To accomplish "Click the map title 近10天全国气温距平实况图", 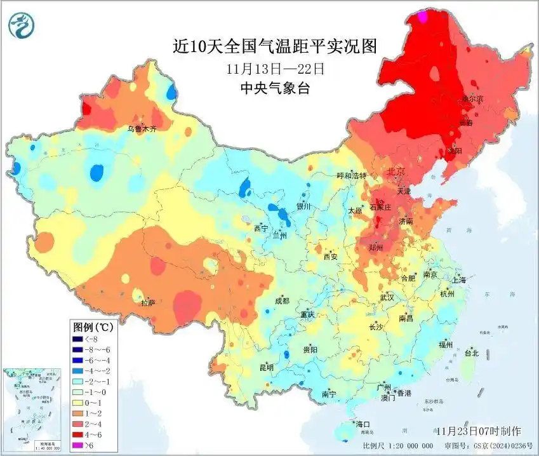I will [x=275, y=46].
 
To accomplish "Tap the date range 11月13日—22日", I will [x=275, y=68].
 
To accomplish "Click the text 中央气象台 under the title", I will [x=275, y=88].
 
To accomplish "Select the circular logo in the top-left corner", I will [x=22, y=25].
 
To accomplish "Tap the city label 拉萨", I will [x=148, y=303].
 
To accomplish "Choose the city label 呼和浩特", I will [x=351, y=175].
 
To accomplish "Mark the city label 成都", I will [x=282, y=301].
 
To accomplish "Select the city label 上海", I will [x=459, y=280].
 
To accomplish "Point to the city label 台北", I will [x=471, y=353].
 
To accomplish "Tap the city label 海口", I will [x=363, y=424].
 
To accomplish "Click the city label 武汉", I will [x=387, y=297].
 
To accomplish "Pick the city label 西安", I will [x=331, y=257].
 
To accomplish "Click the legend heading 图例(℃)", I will [x=93, y=328].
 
